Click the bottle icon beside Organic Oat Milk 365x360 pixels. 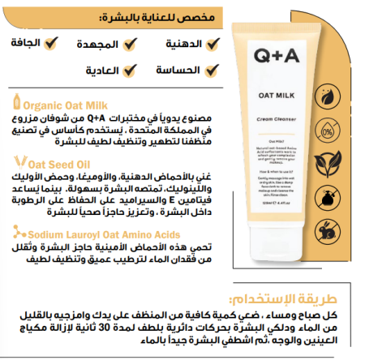point(15,103)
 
